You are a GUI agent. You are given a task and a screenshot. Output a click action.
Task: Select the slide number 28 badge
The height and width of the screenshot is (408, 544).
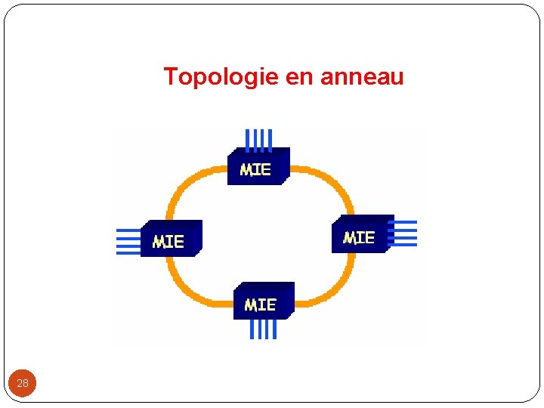[23, 383]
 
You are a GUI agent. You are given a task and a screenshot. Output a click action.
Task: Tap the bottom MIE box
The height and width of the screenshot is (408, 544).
[262, 301]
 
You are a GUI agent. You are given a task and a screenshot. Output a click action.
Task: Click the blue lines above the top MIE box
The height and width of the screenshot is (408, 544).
[259, 139]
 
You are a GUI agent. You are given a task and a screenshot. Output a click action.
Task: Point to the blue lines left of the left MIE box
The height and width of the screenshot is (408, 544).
[128, 241]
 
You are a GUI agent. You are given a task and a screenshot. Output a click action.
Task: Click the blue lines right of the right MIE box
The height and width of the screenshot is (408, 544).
[405, 233]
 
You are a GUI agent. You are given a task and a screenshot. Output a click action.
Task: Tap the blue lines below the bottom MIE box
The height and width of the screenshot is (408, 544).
[264, 328]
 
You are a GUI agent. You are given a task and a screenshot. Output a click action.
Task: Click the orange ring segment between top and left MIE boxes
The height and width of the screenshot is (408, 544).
[187, 188]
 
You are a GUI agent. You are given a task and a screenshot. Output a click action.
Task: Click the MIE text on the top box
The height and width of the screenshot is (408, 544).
[255, 169]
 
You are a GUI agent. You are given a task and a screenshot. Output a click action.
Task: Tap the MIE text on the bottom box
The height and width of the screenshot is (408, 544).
[260, 304]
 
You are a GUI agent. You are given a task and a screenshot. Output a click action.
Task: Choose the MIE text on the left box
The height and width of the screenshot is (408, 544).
[168, 242]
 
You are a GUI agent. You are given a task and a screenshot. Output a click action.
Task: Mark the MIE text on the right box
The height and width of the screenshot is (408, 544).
[359, 237]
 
